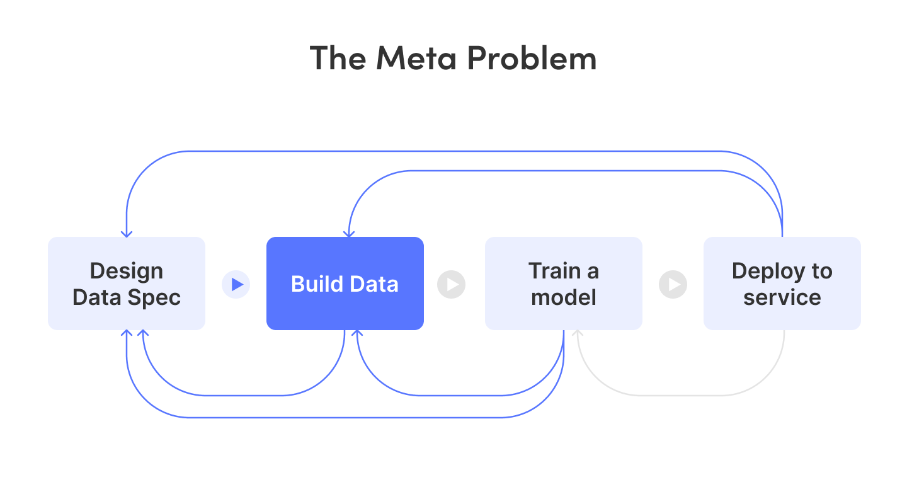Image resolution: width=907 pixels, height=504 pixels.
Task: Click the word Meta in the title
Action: (416, 58)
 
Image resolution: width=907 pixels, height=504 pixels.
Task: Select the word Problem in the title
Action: (532, 58)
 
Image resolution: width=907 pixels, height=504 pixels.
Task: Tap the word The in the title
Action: (338, 58)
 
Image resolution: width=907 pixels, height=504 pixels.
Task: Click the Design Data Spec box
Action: (127, 283)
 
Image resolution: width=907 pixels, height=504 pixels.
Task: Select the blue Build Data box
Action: (345, 283)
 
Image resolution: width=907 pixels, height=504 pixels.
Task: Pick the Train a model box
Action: (564, 283)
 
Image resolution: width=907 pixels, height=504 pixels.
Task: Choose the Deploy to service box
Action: (782, 283)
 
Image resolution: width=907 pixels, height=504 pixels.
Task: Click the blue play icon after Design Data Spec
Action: (236, 284)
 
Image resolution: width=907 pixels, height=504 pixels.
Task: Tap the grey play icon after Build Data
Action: (452, 284)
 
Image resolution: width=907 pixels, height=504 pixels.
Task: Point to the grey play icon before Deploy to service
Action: (673, 284)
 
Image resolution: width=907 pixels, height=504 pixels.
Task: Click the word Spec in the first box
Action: (154, 298)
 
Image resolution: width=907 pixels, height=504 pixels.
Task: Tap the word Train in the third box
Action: (555, 271)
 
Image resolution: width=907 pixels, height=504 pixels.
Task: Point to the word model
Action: (564, 297)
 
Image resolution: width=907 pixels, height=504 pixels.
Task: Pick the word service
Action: (782, 297)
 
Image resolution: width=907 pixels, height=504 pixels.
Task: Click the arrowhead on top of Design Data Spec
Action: (127, 234)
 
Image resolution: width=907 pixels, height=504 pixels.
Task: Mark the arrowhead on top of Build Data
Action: (349, 234)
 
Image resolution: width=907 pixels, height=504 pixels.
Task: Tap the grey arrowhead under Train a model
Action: (578, 333)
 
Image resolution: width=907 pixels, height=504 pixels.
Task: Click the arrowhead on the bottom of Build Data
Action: (357, 333)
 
